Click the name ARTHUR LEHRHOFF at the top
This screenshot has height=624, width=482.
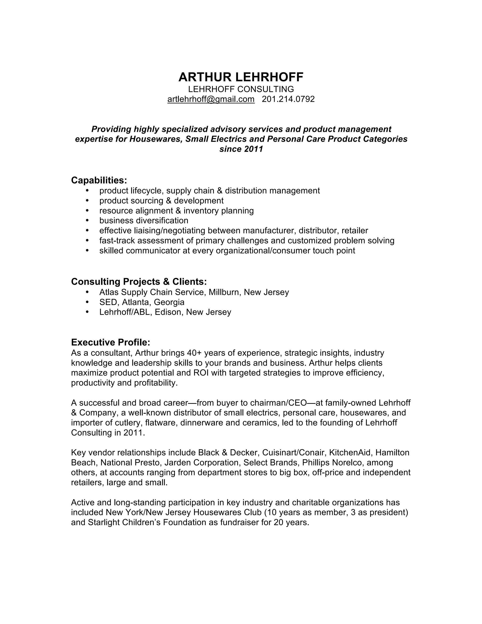click(241, 77)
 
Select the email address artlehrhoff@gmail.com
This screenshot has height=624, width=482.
click(211, 99)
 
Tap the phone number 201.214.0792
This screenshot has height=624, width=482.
click(288, 99)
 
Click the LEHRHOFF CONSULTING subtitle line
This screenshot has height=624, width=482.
click(241, 89)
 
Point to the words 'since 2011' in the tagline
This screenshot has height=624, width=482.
click(241, 149)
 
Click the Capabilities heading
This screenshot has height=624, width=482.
click(99, 180)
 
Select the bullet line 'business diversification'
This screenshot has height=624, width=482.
click(144, 221)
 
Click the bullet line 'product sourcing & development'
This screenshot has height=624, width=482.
click(161, 201)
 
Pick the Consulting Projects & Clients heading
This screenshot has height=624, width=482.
click(139, 282)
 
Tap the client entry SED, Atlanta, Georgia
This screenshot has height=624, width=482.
click(142, 302)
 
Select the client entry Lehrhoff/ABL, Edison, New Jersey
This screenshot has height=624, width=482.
click(165, 312)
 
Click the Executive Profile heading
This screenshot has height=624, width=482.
click(111, 342)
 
